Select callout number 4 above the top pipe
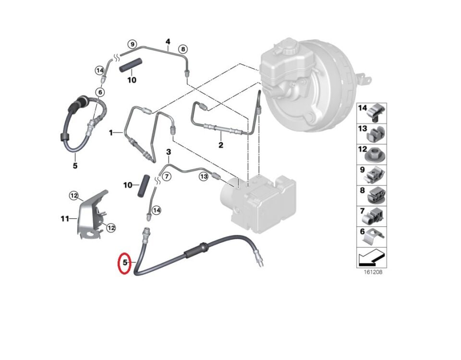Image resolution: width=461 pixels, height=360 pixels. pyautogui.click(x=168, y=42)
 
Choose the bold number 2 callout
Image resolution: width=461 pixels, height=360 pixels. pyautogui.click(x=221, y=145)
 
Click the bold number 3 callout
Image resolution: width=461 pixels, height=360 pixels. pyautogui.click(x=168, y=152)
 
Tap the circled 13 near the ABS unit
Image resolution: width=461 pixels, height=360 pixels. pyautogui.click(x=204, y=177)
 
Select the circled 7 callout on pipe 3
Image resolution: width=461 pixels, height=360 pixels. pyautogui.click(x=167, y=176)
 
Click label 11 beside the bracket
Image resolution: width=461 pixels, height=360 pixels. pyautogui.click(x=65, y=219)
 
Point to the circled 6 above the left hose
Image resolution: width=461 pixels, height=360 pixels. pyautogui.click(x=100, y=92)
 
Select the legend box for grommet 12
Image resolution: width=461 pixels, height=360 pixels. pyautogui.click(x=372, y=154)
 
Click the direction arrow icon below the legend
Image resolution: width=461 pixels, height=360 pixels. pyautogui.click(x=372, y=258)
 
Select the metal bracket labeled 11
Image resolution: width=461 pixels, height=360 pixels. pyautogui.click(x=90, y=214)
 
